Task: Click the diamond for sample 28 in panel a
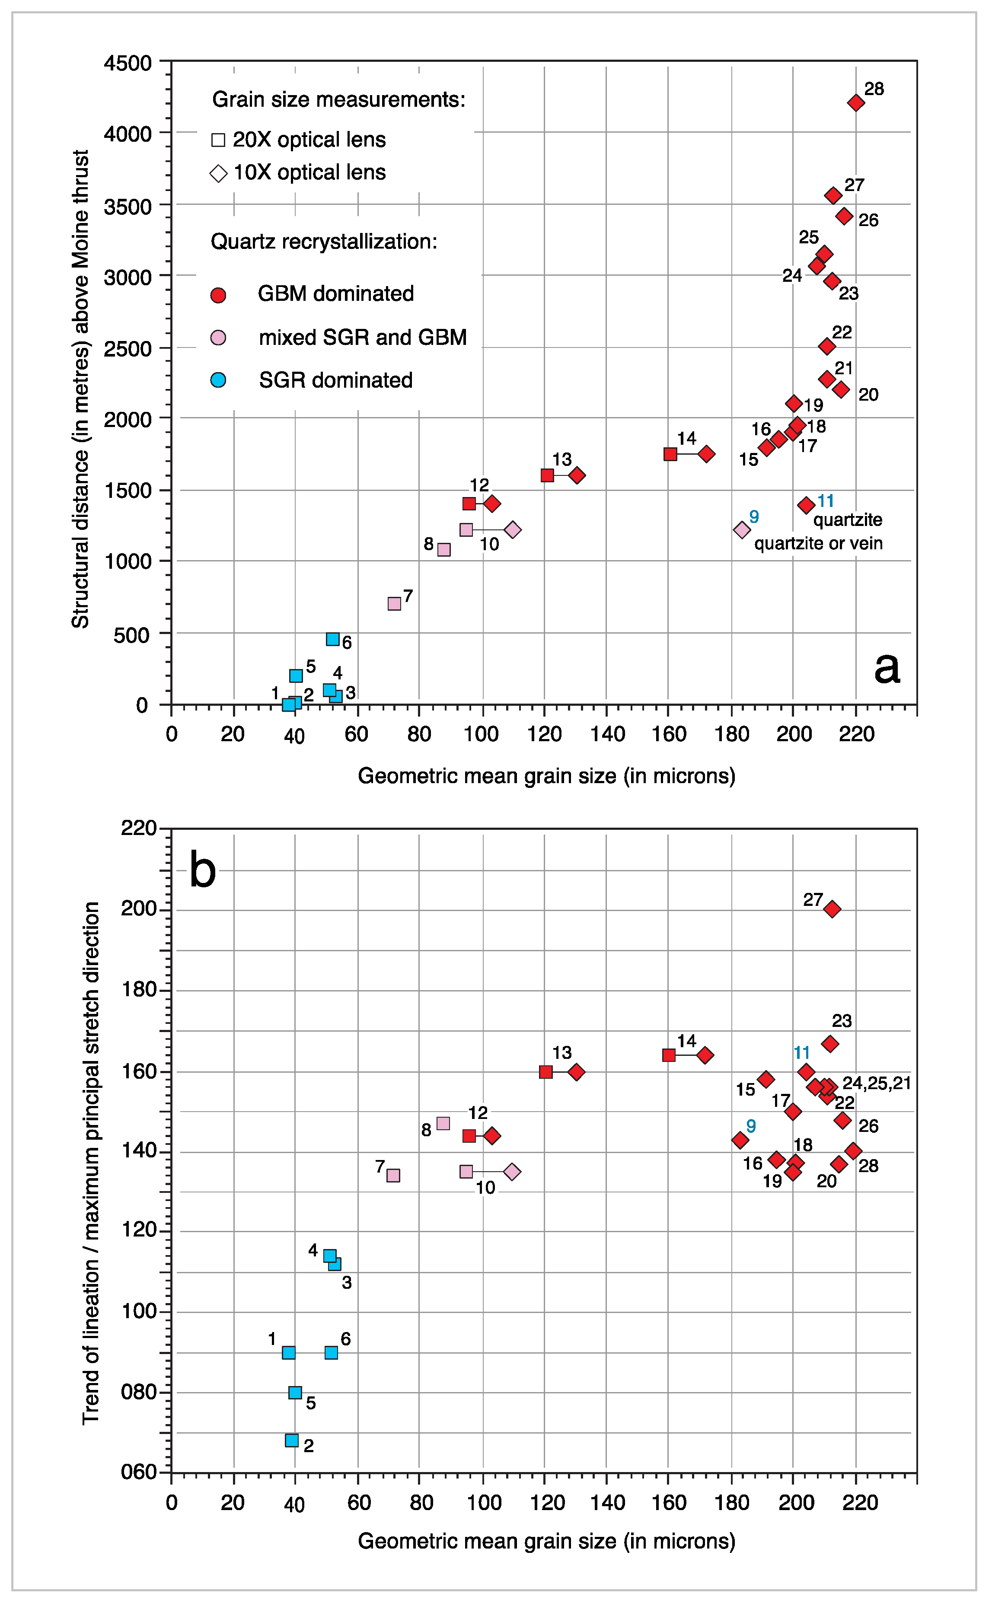(x=855, y=103)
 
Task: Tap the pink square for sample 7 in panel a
(x=394, y=603)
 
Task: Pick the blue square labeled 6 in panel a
(x=333, y=639)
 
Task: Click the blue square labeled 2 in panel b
(x=292, y=1440)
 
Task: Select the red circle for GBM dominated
(x=218, y=295)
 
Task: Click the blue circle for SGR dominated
(x=218, y=380)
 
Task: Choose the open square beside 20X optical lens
(x=218, y=140)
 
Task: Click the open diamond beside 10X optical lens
(x=218, y=173)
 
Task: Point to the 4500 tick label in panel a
(x=128, y=64)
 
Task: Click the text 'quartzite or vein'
(x=818, y=543)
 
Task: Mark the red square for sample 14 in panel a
(x=670, y=454)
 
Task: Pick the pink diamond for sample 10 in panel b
(x=512, y=1171)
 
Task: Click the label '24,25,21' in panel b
(x=877, y=1083)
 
